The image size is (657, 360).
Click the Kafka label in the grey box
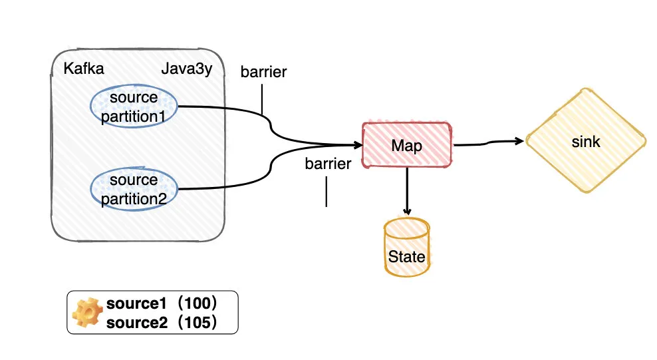pyautogui.click(x=84, y=69)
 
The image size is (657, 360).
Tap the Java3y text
pyautogui.click(x=187, y=69)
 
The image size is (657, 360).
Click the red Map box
pyautogui.click(x=407, y=145)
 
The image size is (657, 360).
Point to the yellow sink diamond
pyautogui.click(x=586, y=141)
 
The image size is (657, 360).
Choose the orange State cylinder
pyautogui.click(x=407, y=248)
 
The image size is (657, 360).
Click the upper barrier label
pyautogui.click(x=263, y=72)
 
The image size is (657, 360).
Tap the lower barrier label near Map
pyautogui.click(x=328, y=164)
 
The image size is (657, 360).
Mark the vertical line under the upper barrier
pyautogui.click(x=262, y=99)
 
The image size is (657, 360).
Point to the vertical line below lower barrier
pyautogui.click(x=327, y=192)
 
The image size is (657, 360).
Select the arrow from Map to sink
pyautogui.click(x=489, y=142)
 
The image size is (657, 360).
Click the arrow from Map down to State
pyautogui.click(x=407, y=192)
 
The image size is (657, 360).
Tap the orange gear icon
pyautogui.click(x=87, y=312)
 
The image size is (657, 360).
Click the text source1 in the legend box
pyautogui.click(x=136, y=303)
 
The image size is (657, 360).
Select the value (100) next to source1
pyautogui.click(x=197, y=303)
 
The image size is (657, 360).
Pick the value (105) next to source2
pyautogui.click(x=197, y=323)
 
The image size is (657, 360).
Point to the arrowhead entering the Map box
pyautogui.click(x=358, y=146)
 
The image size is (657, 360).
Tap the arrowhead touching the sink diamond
pyautogui.click(x=520, y=141)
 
